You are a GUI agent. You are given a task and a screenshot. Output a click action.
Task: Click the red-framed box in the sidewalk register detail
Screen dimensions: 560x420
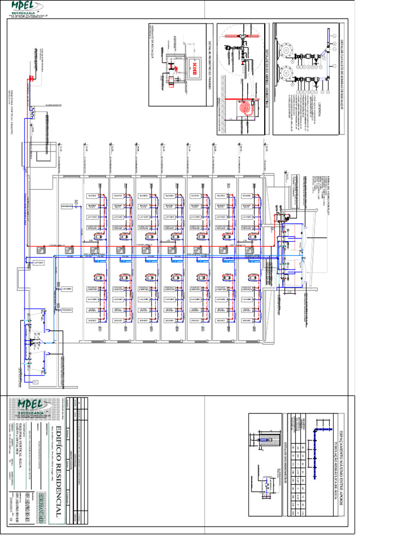tap(194, 68)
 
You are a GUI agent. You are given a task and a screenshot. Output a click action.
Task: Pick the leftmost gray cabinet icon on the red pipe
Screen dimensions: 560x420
tap(40, 251)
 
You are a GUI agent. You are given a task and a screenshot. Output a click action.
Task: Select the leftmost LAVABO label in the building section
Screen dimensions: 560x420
tap(39, 263)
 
